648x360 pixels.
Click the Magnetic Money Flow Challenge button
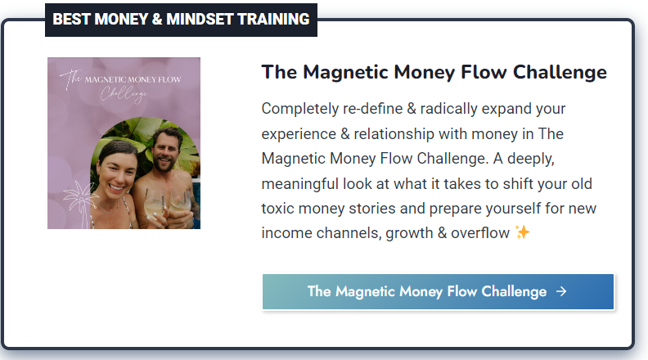click(x=438, y=291)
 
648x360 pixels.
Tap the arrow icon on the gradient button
click(x=561, y=291)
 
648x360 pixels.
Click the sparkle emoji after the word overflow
click(x=522, y=232)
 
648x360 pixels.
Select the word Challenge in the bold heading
click(x=560, y=72)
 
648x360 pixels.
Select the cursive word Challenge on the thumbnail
click(x=124, y=94)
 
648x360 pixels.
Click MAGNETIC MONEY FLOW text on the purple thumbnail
click(x=133, y=79)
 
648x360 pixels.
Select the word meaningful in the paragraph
click(x=300, y=184)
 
